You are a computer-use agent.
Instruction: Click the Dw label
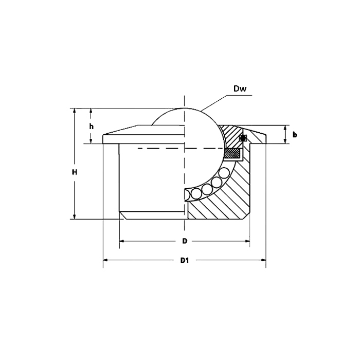tap(240, 88)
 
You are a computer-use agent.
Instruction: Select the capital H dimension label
tap(75, 172)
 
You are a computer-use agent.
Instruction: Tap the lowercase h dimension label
tap(91, 127)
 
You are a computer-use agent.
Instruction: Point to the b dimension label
tap(295, 135)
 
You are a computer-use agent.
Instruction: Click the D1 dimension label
tap(185, 260)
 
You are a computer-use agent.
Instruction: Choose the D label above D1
tap(184, 241)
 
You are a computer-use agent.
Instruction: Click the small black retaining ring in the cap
tap(244, 137)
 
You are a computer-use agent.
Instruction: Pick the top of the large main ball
tap(184, 109)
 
